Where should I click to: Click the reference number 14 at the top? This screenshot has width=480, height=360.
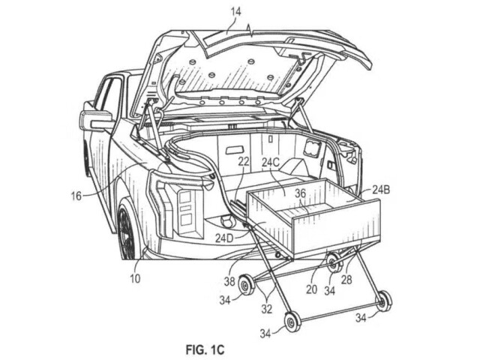coord(235,12)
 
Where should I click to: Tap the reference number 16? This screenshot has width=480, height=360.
coord(76,196)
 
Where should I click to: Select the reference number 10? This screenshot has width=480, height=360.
coord(135,278)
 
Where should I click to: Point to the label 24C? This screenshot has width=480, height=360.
coord(271,163)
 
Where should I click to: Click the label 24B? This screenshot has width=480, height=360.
coord(381,190)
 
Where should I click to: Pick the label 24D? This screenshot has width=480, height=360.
coord(224,238)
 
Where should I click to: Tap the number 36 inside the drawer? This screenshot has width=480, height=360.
coord(300,193)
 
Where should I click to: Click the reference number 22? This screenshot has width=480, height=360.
coord(244,162)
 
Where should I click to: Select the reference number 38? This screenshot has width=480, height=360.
coord(229,281)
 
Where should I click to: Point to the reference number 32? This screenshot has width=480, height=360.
coord(267,309)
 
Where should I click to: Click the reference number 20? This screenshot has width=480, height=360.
coord(312,289)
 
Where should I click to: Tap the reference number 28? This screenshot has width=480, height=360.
coord(346,279)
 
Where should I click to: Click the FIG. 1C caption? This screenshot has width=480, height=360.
coord(205,349)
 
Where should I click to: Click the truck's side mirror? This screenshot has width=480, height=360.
coord(95,119)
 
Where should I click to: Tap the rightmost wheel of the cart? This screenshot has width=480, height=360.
coord(384,301)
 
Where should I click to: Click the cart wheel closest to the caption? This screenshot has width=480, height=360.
coord(292,322)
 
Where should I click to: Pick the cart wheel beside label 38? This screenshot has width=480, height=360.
coord(246,285)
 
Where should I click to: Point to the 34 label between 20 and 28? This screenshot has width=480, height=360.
coord(330,290)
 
